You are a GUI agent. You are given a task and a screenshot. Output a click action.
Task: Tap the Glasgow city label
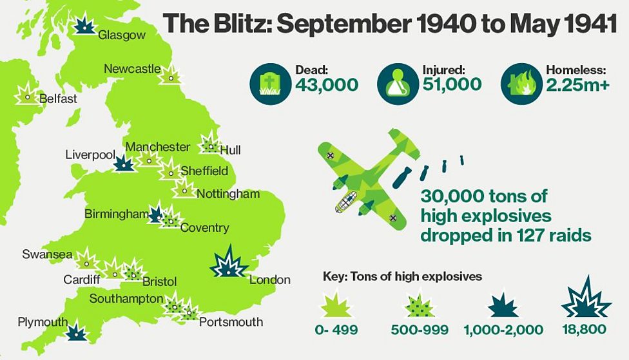pyautogui.click(x=122, y=35)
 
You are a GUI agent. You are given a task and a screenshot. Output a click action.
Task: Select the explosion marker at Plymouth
pyautogui.click(x=77, y=332)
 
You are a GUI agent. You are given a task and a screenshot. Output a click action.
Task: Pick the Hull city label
pyautogui.click(x=230, y=150)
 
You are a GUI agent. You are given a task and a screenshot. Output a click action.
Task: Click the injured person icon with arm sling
pyautogui.click(x=396, y=84)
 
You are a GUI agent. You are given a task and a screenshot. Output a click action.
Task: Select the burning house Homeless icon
pyautogui.click(x=520, y=84)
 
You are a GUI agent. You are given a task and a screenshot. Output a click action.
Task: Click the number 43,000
pyautogui.click(x=327, y=84)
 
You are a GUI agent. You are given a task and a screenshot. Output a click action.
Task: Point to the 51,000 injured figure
pyautogui.click(x=452, y=84)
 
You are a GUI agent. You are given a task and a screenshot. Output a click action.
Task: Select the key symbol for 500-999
pyautogui.click(x=420, y=305)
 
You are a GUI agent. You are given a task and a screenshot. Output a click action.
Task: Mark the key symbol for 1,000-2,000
pyautogui.click(x=503, y=305)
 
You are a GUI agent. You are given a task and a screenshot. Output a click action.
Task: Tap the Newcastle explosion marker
pyautogui.click(x=170, y=75)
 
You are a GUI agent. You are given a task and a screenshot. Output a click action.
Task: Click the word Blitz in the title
pyautogui.click(x=242, y=24)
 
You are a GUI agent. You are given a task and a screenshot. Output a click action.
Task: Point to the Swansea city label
pyautogui.click(x=47, y=254)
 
